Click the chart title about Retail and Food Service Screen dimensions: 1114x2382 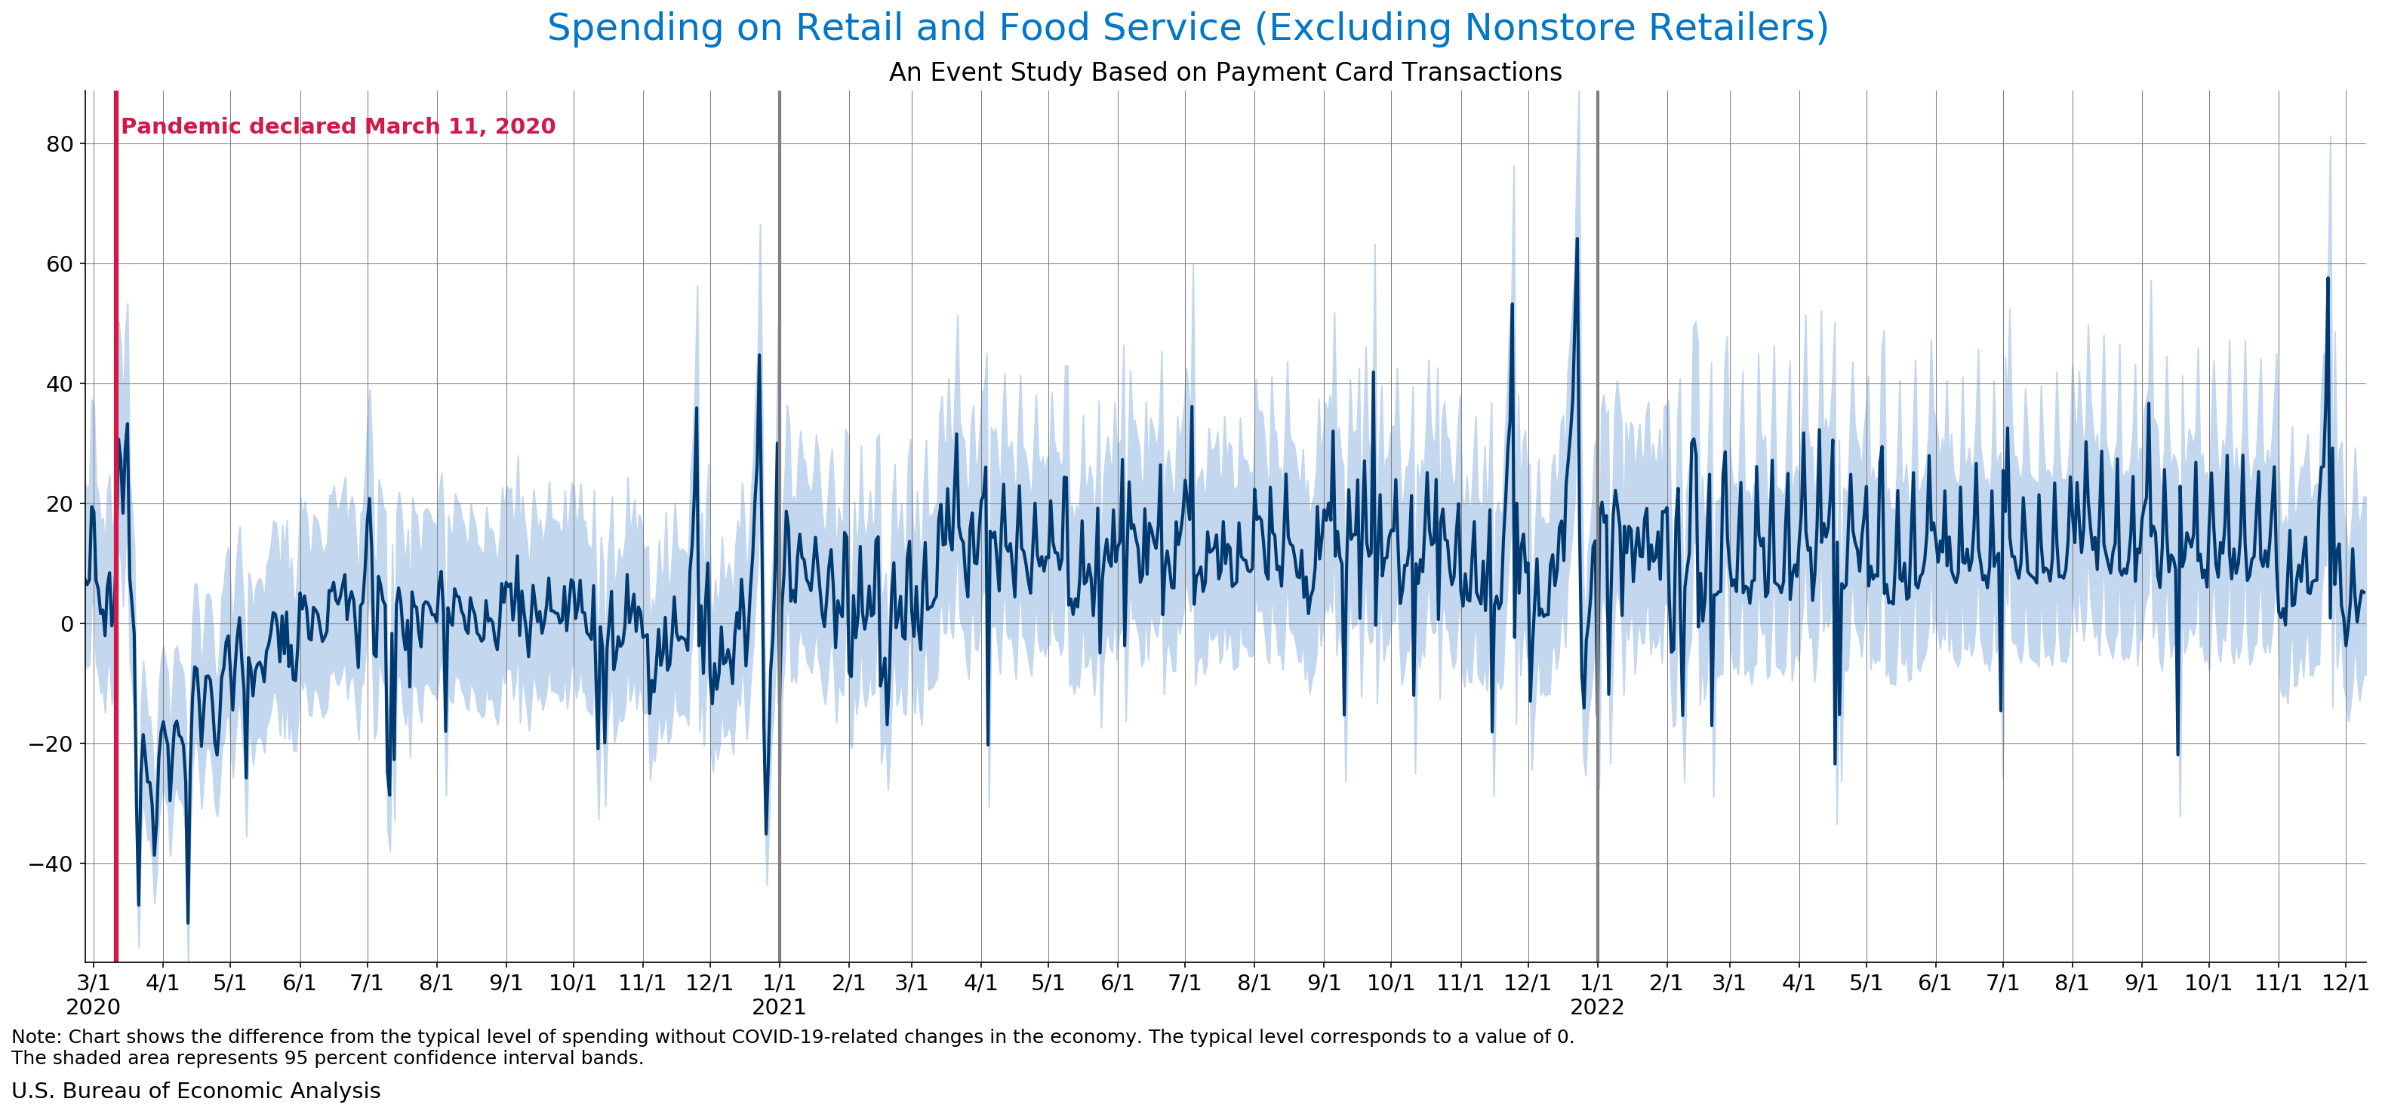[x=1187, y=28]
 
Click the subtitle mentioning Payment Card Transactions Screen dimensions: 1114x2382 [x=1224, y=72]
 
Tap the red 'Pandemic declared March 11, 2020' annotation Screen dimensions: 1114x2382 [x=338, y=127]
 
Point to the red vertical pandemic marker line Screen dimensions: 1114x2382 [x=116, y=555]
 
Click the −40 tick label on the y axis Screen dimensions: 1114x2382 [x=51, y=864]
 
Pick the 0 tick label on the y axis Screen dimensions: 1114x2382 [x=66, y=624]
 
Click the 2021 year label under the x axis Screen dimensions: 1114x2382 [x=779, y=1007]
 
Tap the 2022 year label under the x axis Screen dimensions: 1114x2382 [x=1597, y=1007]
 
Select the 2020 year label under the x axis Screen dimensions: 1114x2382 [x=93, y=1007]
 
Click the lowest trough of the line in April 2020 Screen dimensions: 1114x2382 [x=188, y=922]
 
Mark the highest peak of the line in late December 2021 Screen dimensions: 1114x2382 [x=1577, y=238]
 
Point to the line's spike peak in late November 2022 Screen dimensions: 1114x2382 [x=2328, y=278]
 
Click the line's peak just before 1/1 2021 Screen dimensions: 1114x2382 [x=759, y=355]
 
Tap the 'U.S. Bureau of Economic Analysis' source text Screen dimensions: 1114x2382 [x=195, y=1091]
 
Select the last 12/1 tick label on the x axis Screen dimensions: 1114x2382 [x=2346, y=983]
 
